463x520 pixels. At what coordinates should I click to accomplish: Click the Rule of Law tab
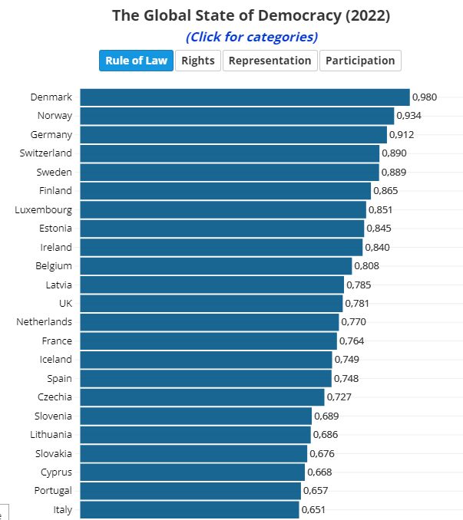[x=136, y=61]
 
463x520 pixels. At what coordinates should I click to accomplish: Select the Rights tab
[x=198, y=61]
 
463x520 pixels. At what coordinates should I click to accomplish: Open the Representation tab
[x=270, y=61]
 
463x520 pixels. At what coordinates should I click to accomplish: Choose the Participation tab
[x=359, y=61]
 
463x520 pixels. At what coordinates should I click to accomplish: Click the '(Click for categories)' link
[x=252, y=37]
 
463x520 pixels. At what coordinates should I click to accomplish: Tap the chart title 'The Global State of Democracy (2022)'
[x=251, y=15]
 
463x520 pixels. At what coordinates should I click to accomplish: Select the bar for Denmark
[x=244, y=97]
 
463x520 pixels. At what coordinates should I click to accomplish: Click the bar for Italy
[x=189, y=510]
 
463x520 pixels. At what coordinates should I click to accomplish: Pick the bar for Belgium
[x=216, y=266]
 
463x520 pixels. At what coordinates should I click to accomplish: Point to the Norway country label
[x=55, y=116]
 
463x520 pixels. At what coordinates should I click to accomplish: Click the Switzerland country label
[x=46, y=153]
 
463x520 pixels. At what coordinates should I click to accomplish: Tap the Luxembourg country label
[x=44, y=209]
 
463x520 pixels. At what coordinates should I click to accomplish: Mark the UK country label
[x=65, y=303]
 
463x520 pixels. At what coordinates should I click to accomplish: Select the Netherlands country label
[x=45, y=322]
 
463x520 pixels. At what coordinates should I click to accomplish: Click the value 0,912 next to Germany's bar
[x=402, y=135]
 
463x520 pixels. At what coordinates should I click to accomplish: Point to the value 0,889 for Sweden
[x=394, y=173]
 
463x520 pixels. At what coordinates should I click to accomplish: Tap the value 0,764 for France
[x=352, y=341]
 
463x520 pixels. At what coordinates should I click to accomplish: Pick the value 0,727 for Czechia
[x=339, y=397]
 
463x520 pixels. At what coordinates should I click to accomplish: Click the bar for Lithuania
[x=195, y=435]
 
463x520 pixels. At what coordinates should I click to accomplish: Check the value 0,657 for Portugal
[x=316, y=491]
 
